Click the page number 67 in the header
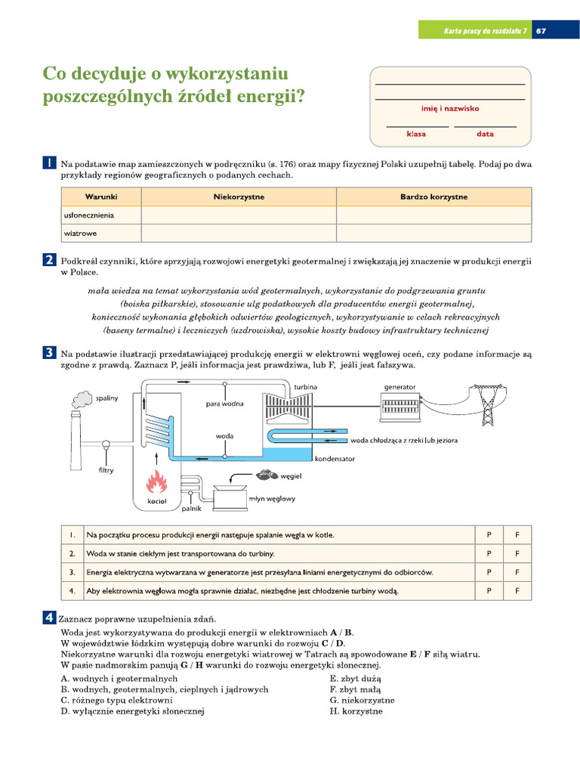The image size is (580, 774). tap(541, 31)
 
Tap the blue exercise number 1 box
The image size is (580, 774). tap(49, 163)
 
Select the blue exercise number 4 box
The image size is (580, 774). tap(49, 618)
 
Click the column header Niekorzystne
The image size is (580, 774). tap(238, 197)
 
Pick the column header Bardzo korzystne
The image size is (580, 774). tap(433, 197)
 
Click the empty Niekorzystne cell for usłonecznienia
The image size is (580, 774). tap(238, 215)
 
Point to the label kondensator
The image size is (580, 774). tap(329, 458)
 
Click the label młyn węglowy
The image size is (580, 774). tap(273, 498)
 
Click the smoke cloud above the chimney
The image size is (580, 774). tap(82, 398)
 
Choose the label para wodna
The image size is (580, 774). tap(225, 404)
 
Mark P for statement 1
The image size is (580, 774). tap(489, 534)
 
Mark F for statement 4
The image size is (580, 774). tap(517, 590)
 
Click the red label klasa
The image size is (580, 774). tap(416, 134)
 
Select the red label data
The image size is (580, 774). tap(485, 134)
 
